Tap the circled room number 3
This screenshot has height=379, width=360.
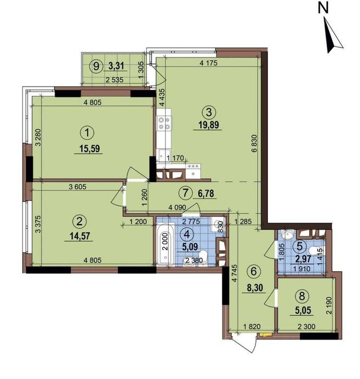click(x=208, y=112)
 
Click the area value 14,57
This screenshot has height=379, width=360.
click(x=79, y=236)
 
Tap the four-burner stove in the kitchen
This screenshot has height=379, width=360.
click(x=164, y=123)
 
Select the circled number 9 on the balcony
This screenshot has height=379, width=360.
click(x=96, y=66)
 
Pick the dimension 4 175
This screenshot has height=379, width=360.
click(x=209, y=63)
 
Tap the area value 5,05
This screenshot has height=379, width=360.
click(x=303, y=310)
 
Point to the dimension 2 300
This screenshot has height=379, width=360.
click(x=306, y=327)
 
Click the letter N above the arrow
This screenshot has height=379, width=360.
click(x=323, y=9)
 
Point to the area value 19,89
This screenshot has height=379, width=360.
click(x=209, y=125)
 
